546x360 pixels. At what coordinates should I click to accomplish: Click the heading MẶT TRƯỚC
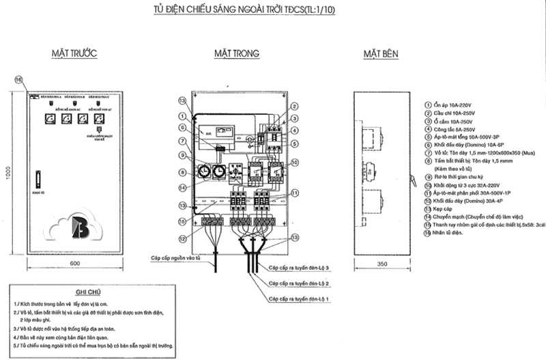tap(76, 53)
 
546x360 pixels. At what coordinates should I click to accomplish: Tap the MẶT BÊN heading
tap(382, 53)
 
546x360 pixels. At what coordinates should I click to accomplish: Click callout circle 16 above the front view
tap(19, 79)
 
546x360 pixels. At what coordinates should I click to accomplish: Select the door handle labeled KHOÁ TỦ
tap(38, 182)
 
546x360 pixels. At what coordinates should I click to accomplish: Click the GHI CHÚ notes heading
tap(89, 290)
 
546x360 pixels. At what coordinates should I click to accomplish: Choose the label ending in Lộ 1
tap(300, 299)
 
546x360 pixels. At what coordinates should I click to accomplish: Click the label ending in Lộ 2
tap(300, 283)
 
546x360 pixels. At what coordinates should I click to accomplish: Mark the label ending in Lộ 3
tap(300, 268)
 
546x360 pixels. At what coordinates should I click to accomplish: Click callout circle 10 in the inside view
tap(294, 163)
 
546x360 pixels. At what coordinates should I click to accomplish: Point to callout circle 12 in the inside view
tap(183, 238)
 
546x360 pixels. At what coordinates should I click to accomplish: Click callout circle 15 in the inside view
tap(183, 221)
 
